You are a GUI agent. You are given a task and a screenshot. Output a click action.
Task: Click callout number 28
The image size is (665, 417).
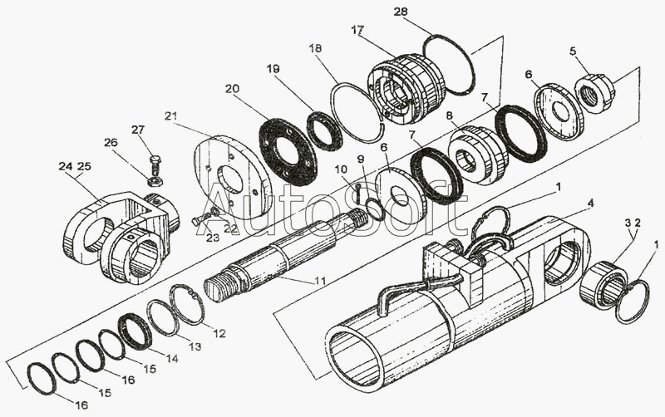click(x=400, y=12)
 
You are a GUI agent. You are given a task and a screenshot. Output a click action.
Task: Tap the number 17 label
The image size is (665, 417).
click(x=357, y=31)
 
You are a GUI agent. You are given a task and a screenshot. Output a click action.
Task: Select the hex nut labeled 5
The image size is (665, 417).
click(x=594, y=93)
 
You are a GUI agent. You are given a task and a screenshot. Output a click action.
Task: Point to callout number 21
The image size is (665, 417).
click(x=172, y=115)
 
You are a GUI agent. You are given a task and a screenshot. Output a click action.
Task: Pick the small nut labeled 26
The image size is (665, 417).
click(x=155, y=181)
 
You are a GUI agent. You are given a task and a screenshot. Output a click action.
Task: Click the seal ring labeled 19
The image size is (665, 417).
click(x=323, y=130)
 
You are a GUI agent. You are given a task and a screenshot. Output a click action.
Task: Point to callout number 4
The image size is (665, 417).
click(x=591, y=204)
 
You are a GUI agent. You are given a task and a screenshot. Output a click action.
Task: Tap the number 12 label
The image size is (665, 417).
click(x=219, y=333)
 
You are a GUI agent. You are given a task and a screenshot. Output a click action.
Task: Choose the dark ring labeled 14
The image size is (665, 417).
click(x=135, y=331)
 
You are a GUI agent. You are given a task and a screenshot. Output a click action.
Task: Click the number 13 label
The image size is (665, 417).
click(x=195, y=346)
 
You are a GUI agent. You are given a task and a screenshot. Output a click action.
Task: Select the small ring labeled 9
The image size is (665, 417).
click(x=376, y=208)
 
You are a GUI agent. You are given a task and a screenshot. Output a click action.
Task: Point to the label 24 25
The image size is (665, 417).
click(x=75, y=166)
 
